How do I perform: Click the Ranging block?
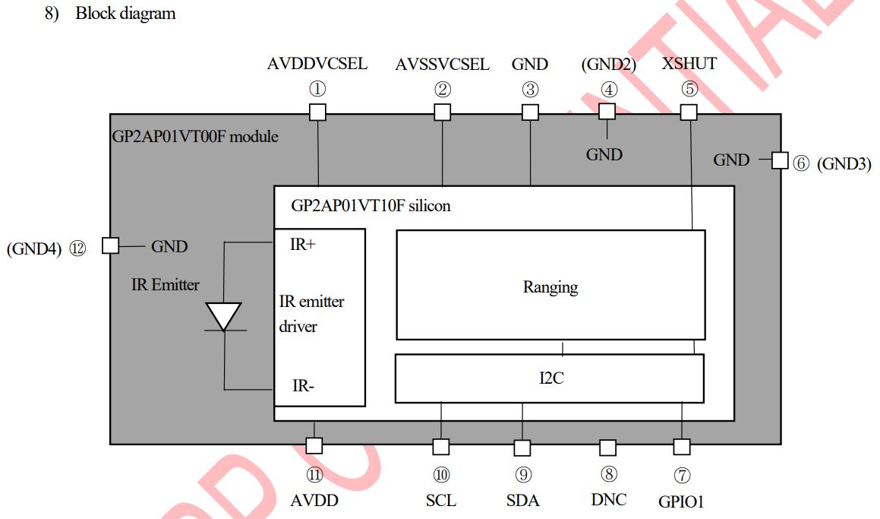coord(550,286)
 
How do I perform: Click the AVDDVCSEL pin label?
coord(317,64)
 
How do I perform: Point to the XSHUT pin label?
coord(689,64)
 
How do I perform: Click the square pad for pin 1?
coord(318,112)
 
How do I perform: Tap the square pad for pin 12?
coord(110,245)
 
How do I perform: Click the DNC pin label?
coord(608,500)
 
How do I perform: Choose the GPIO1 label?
coord(682,502)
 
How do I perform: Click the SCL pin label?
coord(441,501)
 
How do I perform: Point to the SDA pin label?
coord(522,501)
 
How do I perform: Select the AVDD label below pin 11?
coord(314,501)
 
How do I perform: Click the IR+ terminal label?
coord(303,245)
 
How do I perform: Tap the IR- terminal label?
coord(304,385)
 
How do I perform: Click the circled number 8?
coord(608,475)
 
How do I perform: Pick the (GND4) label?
coord(33,248)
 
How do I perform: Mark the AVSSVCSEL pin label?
coord(442,64)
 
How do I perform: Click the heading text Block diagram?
coord(125,14)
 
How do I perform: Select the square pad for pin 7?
coord(682,446)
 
